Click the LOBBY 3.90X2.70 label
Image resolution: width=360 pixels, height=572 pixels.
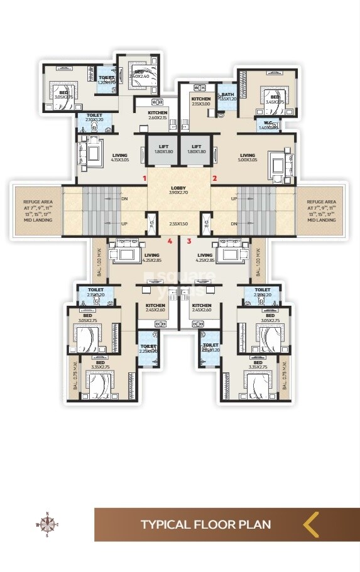pyautogui.click(x=179, y=190)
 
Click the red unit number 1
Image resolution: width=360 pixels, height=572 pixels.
pyautogui.click(x=145, y=179)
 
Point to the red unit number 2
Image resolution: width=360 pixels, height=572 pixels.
pyautogui.click(x=214, y=179)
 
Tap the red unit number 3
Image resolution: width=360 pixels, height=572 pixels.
pyautogui.click(x=188, y=240)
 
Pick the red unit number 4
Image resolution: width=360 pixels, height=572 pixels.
pyautogui.click(x=170, y=240)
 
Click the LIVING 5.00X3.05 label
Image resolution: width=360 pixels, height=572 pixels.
pyautogui.click(x=248, y=158)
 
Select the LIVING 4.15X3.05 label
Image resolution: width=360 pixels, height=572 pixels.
pyautogui.click(x=119, y=158)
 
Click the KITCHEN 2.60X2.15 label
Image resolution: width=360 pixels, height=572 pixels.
pyautogui.click(x=158, y=115)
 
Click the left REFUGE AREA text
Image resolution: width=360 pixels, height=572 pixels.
pyautogui.click(x=36, y=210)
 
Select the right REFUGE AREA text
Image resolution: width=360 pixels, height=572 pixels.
pyautogui.click(x=321, y=210)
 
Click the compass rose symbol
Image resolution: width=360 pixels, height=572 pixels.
pyautogui.click(x=46, y=523)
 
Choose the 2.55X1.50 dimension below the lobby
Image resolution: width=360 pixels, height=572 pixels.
pyautogui.click(x=179, y=224)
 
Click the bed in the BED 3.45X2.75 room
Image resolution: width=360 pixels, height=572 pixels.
pyautogui.click(x=275, y=94)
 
